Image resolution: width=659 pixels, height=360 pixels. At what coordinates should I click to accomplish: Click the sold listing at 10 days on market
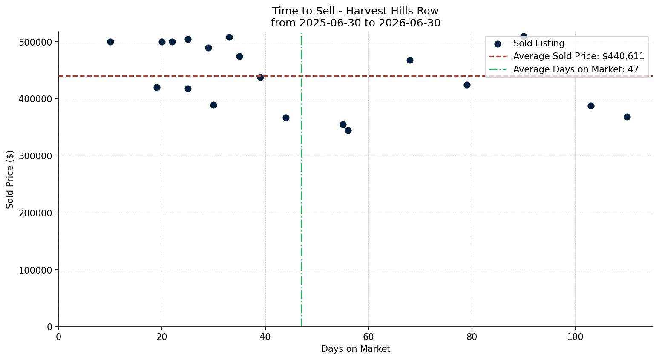point(110,42)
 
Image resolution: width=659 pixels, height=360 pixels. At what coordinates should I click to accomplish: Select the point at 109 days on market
point(627,117)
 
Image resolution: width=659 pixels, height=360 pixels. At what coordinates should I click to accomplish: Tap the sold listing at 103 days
point(591,106)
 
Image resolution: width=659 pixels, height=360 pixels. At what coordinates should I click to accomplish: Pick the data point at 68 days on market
point(410,60)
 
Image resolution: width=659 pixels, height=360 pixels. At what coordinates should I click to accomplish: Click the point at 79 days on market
point(467,85)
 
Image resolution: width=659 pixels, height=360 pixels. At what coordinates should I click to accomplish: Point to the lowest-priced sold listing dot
point(348,131)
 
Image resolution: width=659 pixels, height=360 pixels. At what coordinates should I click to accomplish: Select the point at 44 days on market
point(286,118)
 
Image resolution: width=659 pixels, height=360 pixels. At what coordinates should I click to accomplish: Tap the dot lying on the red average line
point(260,78)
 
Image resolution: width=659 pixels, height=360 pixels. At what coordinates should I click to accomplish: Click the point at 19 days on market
point(157,88)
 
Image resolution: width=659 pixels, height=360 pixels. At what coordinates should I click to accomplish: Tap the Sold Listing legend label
point(539,43)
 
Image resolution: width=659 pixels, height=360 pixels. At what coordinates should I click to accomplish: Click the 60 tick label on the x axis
point(368,337)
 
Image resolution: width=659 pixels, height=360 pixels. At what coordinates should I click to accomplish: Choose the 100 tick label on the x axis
point(575,337)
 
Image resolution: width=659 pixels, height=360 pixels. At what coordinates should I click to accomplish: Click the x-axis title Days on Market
point(355,349)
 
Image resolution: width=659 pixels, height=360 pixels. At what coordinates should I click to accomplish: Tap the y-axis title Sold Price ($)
point(10,179)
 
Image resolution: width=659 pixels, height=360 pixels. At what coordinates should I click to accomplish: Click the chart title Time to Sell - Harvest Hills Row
point(355,11)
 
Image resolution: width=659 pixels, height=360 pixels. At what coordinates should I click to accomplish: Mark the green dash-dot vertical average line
point(301,179)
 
